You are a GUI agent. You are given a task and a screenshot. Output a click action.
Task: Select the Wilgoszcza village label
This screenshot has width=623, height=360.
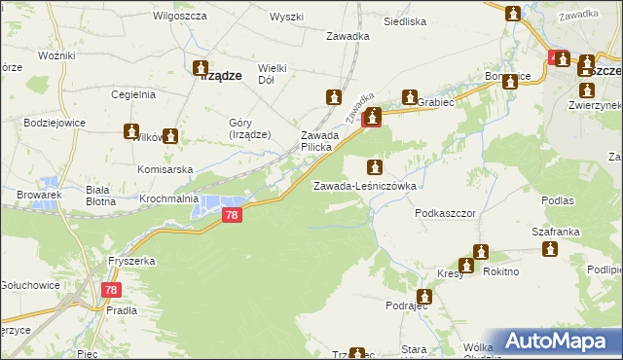[177, 18]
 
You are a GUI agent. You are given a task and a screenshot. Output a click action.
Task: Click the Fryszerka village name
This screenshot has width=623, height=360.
[133, 262]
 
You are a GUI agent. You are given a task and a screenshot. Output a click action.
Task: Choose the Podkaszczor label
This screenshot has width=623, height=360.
[444, 211]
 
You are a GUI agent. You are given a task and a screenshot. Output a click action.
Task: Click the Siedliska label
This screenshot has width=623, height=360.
[405, 20]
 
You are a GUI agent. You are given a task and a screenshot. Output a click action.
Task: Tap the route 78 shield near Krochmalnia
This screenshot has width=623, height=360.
[231, 216]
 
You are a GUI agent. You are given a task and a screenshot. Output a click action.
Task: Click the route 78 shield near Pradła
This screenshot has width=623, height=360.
[113, 289]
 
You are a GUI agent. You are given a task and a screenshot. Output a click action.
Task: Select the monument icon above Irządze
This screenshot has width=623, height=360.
[202, 69]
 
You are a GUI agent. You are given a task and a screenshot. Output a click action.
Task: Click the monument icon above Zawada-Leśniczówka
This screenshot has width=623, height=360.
[375, 167]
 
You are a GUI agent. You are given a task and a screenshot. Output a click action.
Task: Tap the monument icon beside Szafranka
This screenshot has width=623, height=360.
[550, 249]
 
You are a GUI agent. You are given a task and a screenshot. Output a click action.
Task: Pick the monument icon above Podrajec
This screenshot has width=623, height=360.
[424, 297]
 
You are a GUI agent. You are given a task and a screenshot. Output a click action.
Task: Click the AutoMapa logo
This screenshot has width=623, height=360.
[555, 342]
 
